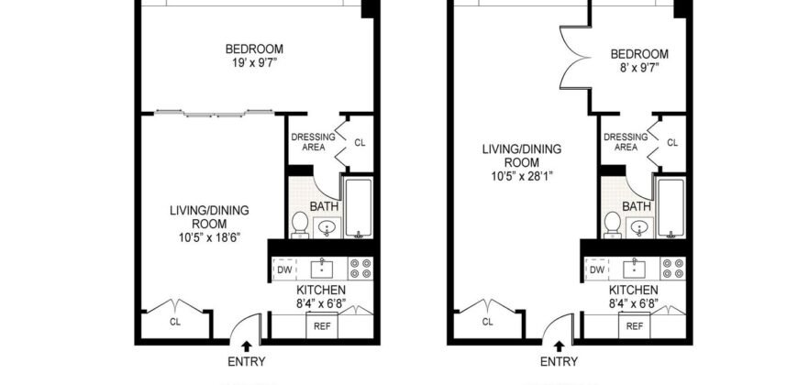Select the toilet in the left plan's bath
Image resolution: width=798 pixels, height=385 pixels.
point(300,224)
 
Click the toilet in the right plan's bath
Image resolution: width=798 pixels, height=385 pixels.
point(613,224)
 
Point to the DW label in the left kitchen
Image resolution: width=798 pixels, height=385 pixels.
point(284,269)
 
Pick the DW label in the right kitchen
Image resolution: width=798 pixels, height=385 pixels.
point(597,269)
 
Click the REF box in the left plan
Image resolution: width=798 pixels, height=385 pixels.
point(322,325)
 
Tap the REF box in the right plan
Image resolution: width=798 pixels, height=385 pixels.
point(635,325)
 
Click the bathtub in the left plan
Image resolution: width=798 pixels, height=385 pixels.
point(358,206)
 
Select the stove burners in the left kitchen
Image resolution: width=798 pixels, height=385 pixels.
point(361,269)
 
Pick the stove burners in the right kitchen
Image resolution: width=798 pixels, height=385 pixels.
point(674,269)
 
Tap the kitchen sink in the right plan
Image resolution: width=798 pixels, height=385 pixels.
point(634,269)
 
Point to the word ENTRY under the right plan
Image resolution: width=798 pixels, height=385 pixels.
point(559,362)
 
